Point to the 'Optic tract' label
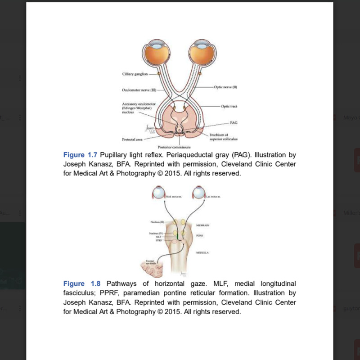tap(229, 107)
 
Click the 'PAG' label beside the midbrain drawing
tap(234, 122)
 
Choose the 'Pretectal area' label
tap(132, 139)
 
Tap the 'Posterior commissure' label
tap(174, 147)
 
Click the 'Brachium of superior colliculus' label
tap(219, 137)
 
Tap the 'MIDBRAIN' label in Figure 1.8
tap(202, 225)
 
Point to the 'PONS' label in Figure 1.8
tap(200, 235)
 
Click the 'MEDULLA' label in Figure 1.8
tap(202, 253)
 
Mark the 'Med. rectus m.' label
tap(173, 197)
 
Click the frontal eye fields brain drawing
tap(155, 269)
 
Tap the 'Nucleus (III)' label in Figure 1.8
tap(157, 222)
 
